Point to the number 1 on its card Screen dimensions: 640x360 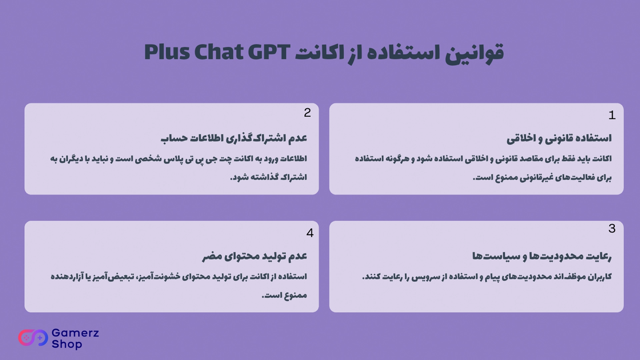tap(612, 115)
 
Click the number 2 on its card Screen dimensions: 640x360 tap(307, 113)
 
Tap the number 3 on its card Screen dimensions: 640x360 tap(612, 228)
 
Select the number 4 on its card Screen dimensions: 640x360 tap(310, 233)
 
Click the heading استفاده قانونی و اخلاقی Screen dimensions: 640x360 tap(559, 138)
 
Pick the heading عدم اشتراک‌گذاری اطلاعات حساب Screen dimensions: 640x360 tap(234, 138)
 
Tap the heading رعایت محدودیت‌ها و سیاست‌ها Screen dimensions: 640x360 tap(542, 256)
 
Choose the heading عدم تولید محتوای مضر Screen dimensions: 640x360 tap(255, 256)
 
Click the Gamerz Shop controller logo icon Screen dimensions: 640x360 tap(33, 338)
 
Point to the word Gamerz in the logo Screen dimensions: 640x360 tap(75, 333)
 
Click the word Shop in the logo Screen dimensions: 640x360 tap(67, 344)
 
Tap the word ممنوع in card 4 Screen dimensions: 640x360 tap(295, 295)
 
